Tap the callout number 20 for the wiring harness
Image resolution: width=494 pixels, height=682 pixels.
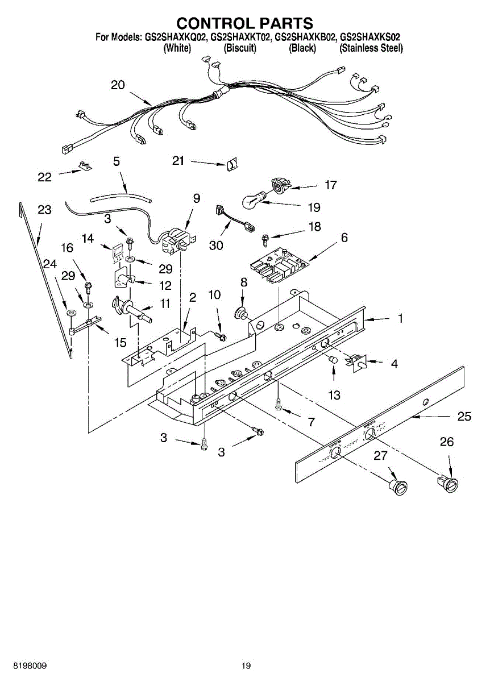(x=118, y=85)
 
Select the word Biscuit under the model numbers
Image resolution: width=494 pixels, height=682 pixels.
(x=240, y=48)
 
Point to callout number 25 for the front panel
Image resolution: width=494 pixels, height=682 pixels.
(x=464, y=417)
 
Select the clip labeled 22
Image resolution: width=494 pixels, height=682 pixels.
(x=84, y=167)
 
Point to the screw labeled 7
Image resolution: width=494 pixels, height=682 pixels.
(x=278, y=405)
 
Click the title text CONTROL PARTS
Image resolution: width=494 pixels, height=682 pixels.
(x=244, y=23)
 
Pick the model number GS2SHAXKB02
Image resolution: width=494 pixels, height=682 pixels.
(x=305, y=38)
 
